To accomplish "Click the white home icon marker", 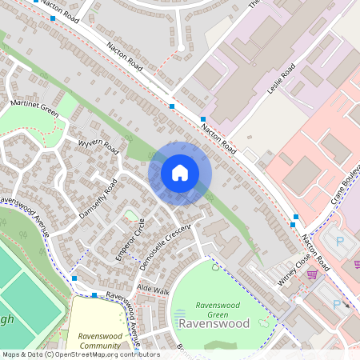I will (x=180, y=173).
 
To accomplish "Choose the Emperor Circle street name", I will (x=128, y=238).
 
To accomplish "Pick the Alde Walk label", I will (x=154, y=288).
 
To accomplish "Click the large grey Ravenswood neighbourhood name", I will (x=214, y=323).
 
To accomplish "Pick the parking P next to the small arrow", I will (x=336, y=303).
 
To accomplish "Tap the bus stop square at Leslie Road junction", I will (x=203, y=118).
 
